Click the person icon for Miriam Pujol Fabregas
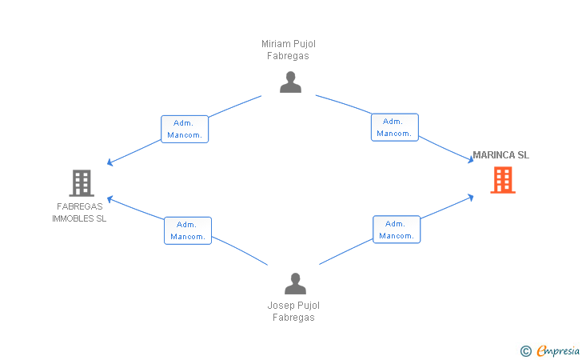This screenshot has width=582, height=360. pos(290,82)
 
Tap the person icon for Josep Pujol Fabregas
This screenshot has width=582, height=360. pos(296,283)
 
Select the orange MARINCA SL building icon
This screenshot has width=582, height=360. pos(503,180)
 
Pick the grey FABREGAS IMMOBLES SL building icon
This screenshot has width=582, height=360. pos(82,183)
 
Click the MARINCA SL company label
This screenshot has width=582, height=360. pos(500,155)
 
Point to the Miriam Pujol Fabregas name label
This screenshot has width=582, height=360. pos(289,50)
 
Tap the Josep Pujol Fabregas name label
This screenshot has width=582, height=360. pos(293,311)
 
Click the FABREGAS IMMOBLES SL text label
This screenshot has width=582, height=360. pos(79,213)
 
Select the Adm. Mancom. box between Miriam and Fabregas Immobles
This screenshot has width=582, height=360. pos(185,129)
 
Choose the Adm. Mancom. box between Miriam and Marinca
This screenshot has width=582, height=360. pos(395,127)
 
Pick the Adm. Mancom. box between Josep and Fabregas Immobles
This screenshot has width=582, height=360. pos(188,230)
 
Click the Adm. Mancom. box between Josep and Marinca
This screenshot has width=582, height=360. pos(397,230)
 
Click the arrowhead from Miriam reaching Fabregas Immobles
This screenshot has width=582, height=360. pos(110,162)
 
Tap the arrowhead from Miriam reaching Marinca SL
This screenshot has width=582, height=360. pos(471,160)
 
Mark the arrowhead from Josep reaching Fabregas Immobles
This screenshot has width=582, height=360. pos(110,199)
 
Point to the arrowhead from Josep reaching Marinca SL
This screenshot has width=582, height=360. pos(471,198)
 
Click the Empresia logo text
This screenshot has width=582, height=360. pos(558,350)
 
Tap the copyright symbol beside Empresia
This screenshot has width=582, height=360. pos(526,351)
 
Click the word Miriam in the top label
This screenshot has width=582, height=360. pos(276,44)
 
